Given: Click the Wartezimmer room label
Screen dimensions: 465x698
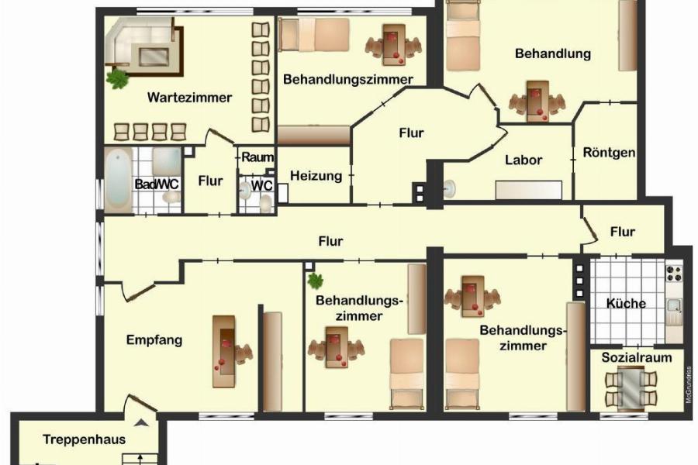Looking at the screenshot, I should point(189,98).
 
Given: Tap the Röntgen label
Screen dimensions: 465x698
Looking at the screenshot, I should point(609,153).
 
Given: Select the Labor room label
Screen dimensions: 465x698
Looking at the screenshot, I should point(523,160).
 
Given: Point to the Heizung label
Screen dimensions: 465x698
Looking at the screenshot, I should point(316,176).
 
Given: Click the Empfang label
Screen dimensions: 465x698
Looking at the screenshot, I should point(154,339).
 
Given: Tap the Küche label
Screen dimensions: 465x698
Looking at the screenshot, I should point(626,303).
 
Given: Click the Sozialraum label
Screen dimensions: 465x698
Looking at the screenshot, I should point(637,358).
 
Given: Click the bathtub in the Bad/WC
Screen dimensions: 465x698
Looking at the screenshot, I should point(119,180).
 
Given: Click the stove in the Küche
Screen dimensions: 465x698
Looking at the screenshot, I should point(673,274).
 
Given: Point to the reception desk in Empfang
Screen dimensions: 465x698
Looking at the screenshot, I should point(224,350).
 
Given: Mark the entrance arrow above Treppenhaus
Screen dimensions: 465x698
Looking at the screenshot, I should point(141,423).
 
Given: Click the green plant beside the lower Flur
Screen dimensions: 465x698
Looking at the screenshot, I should point(314,280).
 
